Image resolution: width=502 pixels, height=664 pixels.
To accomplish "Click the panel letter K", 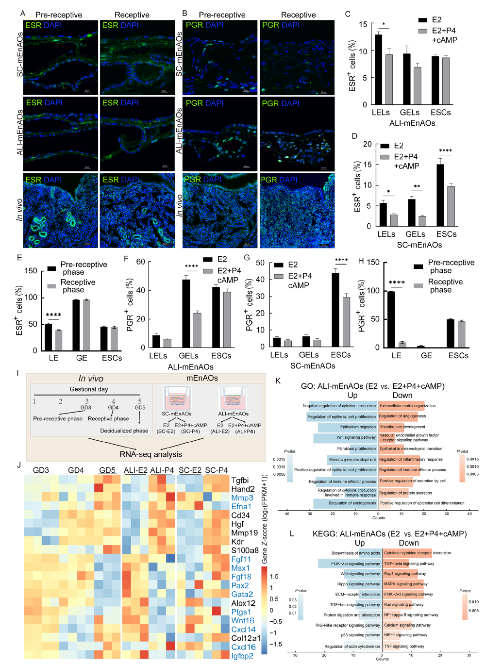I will (278, 381).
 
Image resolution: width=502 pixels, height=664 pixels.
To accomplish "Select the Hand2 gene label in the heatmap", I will (243, 489).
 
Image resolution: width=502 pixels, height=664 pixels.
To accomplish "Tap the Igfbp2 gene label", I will (242, 656).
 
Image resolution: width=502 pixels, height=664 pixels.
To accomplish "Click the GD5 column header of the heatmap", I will (107, 470).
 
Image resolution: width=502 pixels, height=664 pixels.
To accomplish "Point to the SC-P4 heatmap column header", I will (217, 470).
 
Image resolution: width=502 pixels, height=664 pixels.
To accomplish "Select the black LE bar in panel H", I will (391, 319).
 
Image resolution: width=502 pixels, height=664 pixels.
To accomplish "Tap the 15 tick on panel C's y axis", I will (363, 24).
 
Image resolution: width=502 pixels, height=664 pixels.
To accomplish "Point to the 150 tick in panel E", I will (31, 271).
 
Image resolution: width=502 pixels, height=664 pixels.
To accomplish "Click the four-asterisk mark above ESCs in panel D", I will (445, 151).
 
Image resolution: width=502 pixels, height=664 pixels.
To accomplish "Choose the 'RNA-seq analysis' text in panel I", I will (151, 454).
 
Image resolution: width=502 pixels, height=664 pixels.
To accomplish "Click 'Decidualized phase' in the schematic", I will (124, 431).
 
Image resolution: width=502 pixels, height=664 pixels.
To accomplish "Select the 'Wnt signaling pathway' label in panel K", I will (356, 437).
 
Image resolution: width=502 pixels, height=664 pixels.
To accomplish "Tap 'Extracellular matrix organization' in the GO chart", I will (408, 406).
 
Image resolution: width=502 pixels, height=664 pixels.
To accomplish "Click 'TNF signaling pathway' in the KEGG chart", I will (404, 646).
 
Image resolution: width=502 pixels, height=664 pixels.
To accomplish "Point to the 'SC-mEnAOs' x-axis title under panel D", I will (419, 245).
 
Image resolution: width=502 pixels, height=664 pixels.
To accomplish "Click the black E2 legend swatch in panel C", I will (423, 20).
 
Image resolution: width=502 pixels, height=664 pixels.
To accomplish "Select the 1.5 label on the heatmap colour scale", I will (274, 577).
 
